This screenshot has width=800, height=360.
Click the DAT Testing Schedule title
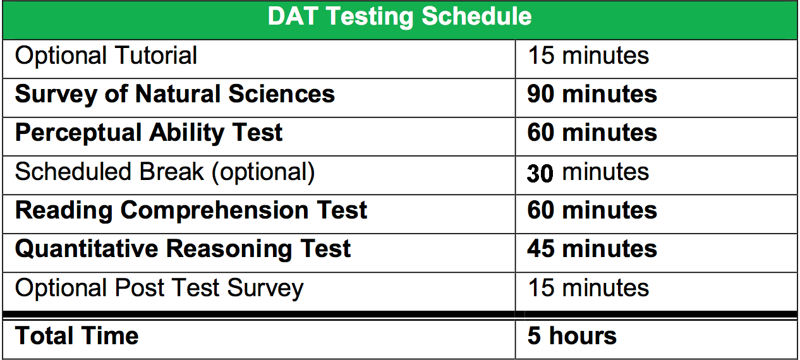pyautogui.click(x=399, y=17)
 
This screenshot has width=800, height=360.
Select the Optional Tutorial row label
pyautogui.click(x=106, y=56)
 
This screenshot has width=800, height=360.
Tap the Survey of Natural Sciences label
pyautogui.click(x=174, y=94)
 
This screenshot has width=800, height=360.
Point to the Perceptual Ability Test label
pyautogui.click(x=148, y=133)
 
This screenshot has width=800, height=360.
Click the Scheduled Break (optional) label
pyautogui.click(x=164, y=172)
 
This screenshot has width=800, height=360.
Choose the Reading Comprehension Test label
pyautogui.click(x=191, y=210)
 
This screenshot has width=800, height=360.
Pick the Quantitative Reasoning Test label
pyautogui.click(x=183, y=249)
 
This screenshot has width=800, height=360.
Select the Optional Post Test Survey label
pyautogui.click(x=159, y=288)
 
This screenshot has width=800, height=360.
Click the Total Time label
pyautogui.click(x=76, y=335)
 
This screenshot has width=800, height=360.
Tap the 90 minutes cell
pyautogui.click(x=592, y=94)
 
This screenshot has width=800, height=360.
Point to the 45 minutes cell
pyautogui.click(x=592, y=249)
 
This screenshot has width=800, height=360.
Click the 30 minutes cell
pyautogui.click(x=588, y=172)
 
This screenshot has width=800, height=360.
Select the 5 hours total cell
pyautogui.click(x=572, y=335)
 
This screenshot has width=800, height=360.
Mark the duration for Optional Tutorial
pyautogui.click(x=588, y=56)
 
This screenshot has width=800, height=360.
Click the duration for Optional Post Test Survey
pyautogui.click(x=588, y=288)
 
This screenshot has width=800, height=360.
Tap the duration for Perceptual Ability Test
pyautogui.click(x=592, y=133)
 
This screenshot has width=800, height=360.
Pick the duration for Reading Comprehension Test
pyautogui.click(x=592, y=210)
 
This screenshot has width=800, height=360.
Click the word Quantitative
pyautogui.click(x=87, y=249)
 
